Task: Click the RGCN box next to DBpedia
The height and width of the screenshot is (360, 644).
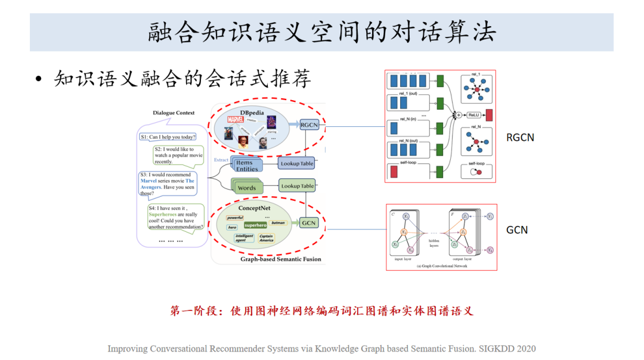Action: pyautogui.click(x=309, y=125)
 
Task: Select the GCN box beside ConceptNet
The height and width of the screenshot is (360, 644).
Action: pyautogui.click(x=308, y=223)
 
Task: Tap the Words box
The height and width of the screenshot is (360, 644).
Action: pyautogui.click(x=246, y=187)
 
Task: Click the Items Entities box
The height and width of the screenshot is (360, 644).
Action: pyautogui.click(x=247, y=165)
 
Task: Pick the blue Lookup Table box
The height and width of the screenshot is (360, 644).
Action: pyautogui.click(x=297, y=163)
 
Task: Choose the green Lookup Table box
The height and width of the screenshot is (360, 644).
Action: pyautogui.click(x=297, y=186)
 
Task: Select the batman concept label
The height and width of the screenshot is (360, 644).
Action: pyautogui.click(x=278, y=222)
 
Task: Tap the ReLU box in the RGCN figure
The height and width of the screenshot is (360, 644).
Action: pyautogui.click(x=473, y=115)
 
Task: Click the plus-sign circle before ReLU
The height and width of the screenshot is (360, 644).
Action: pyautogui.click(x=457, y=114)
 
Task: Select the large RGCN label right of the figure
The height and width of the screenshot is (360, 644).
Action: pyautogui.click(x=520, y=138)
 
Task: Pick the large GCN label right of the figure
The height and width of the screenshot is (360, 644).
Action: pyautogui.click(x=516, y=230)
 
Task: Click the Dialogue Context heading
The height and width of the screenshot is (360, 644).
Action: pyautogui.click(x=174, y=113)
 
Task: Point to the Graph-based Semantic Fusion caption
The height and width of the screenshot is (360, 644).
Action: pyautogui.click(x=280, y=259)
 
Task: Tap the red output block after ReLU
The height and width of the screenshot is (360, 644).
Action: pyautogui.click(x=489, y=115)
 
